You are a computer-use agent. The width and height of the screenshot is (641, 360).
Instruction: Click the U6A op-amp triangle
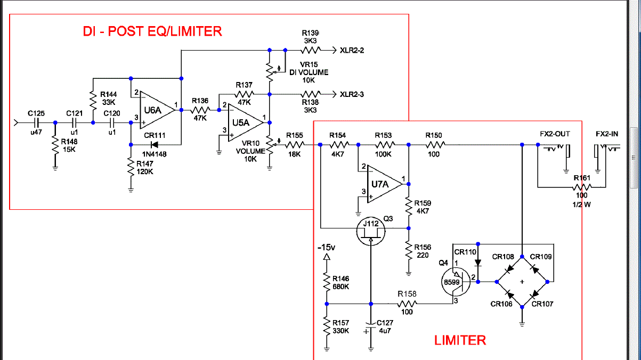click(155, 110)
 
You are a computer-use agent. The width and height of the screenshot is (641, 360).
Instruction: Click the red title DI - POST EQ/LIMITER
click(152, 31)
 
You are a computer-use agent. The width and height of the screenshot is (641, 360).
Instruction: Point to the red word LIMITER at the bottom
click(460, 340)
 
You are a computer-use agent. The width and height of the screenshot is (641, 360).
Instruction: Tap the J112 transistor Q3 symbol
click(371, 230)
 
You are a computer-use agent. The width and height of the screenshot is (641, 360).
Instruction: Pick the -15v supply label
click(327, 248)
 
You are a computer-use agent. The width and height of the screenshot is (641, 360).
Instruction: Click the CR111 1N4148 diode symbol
click(155, 144)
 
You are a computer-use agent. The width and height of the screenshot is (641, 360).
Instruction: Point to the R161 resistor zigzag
click(582, 187)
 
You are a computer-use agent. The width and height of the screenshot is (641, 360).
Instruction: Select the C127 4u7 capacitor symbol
click(370, 325)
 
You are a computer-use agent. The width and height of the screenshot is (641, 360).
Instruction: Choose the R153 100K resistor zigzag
click(384, 144)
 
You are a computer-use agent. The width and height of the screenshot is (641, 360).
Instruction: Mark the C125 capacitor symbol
click(36, 122)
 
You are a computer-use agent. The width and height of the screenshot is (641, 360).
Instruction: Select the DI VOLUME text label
click(309, 72)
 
